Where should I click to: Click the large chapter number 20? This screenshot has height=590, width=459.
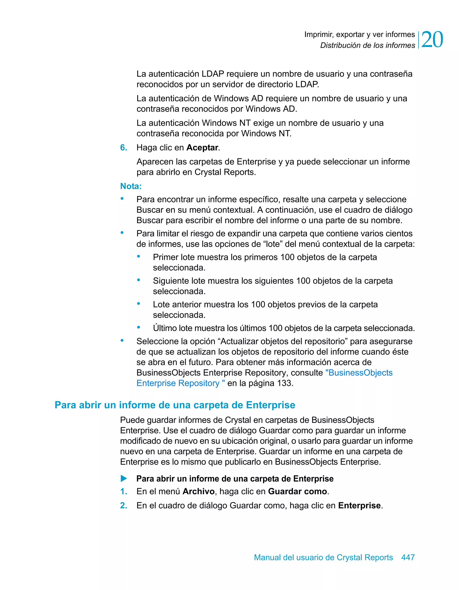[432, 39]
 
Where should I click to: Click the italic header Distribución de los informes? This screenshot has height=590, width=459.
[367, 45]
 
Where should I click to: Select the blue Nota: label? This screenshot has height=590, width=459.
[131, 186]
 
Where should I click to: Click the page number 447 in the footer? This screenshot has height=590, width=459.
[408, 557]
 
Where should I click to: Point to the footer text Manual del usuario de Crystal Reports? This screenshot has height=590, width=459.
[323, 557]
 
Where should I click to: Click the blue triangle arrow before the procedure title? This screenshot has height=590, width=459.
[124, 479]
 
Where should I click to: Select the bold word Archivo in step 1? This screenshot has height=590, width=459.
[198, 491]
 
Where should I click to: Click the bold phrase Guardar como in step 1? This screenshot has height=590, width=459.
[297, 491]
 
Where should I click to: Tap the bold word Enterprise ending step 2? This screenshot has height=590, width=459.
[359, 506]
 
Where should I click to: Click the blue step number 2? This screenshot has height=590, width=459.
[123, 506]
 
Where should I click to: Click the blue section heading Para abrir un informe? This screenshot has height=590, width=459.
[175, 405]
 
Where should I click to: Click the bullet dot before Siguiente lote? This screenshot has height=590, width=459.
[139, 280]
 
